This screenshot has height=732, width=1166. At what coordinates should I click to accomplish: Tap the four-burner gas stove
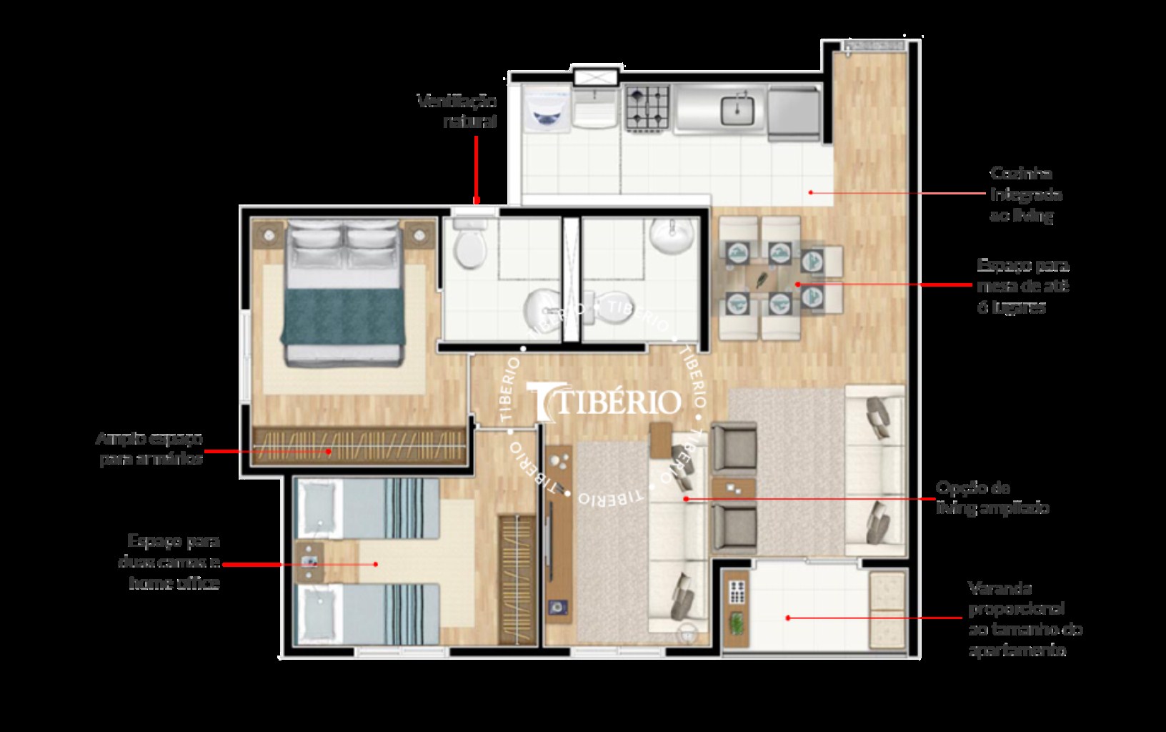click(647, 109)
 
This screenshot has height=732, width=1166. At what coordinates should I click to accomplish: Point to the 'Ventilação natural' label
click(458, 111)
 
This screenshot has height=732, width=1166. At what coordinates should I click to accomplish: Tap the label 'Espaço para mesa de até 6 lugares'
click(1022, 286)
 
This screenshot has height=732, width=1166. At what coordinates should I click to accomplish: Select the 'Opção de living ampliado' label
click(992, 498)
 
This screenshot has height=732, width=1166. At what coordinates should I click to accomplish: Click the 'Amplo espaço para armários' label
click(149, 449)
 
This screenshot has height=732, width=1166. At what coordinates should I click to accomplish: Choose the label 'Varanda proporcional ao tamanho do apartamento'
click(1025, 619)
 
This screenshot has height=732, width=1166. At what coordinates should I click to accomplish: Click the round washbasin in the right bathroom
click(672, 236)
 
